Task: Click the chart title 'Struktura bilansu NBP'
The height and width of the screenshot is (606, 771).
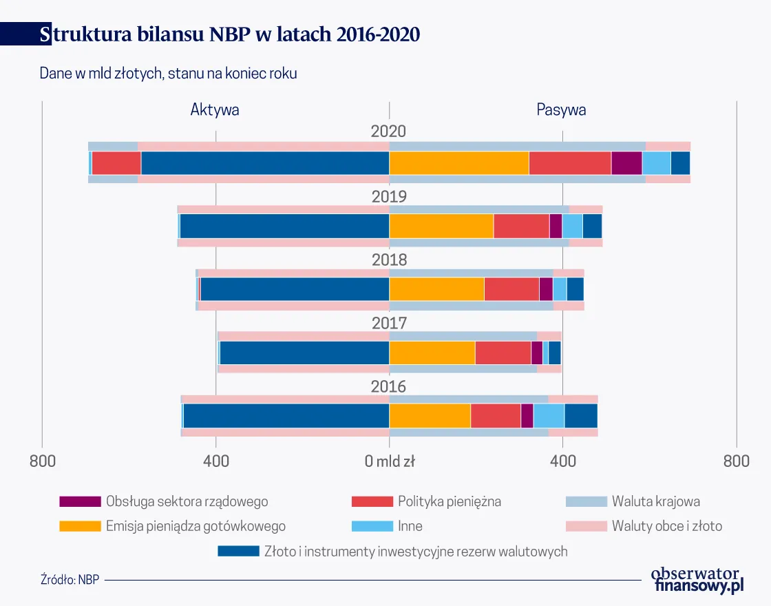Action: (x=230, y=34)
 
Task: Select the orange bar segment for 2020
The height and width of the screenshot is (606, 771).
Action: (x=458, y=163)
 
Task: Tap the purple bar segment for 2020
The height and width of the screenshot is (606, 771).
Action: (x=626, y=163)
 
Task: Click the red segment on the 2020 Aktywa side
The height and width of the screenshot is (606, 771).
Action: (x=116, y=163)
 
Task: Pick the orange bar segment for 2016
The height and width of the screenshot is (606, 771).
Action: (x=430, y=416)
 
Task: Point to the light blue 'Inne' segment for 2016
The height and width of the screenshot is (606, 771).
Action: (x=549, y=416)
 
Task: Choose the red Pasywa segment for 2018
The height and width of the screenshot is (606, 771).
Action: (x=511, y=289)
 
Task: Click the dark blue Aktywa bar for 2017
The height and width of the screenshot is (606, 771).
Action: (x=304, y=353)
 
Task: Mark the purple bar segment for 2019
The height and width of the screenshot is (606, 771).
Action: (x=556, y=226)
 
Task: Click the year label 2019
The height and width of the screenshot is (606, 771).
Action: (x=389, y=197)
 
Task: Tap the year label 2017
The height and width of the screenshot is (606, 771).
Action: (x=389, y=324)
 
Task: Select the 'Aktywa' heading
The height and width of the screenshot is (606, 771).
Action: (x=215, y=109)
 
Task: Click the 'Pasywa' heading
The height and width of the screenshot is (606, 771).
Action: (x=561, y=109)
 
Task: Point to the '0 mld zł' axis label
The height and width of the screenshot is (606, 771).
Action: (x=390, y=461)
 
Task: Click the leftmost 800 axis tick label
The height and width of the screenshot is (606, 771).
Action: (x=42, y=461)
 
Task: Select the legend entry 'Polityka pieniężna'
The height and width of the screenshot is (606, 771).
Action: (x=449, y=501)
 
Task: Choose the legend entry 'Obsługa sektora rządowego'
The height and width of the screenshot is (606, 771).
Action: (x=187, y=501)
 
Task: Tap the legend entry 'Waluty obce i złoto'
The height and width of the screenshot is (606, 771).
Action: (x=666, y=526)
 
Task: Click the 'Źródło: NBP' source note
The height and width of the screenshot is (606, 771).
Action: (x=70, y=579)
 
